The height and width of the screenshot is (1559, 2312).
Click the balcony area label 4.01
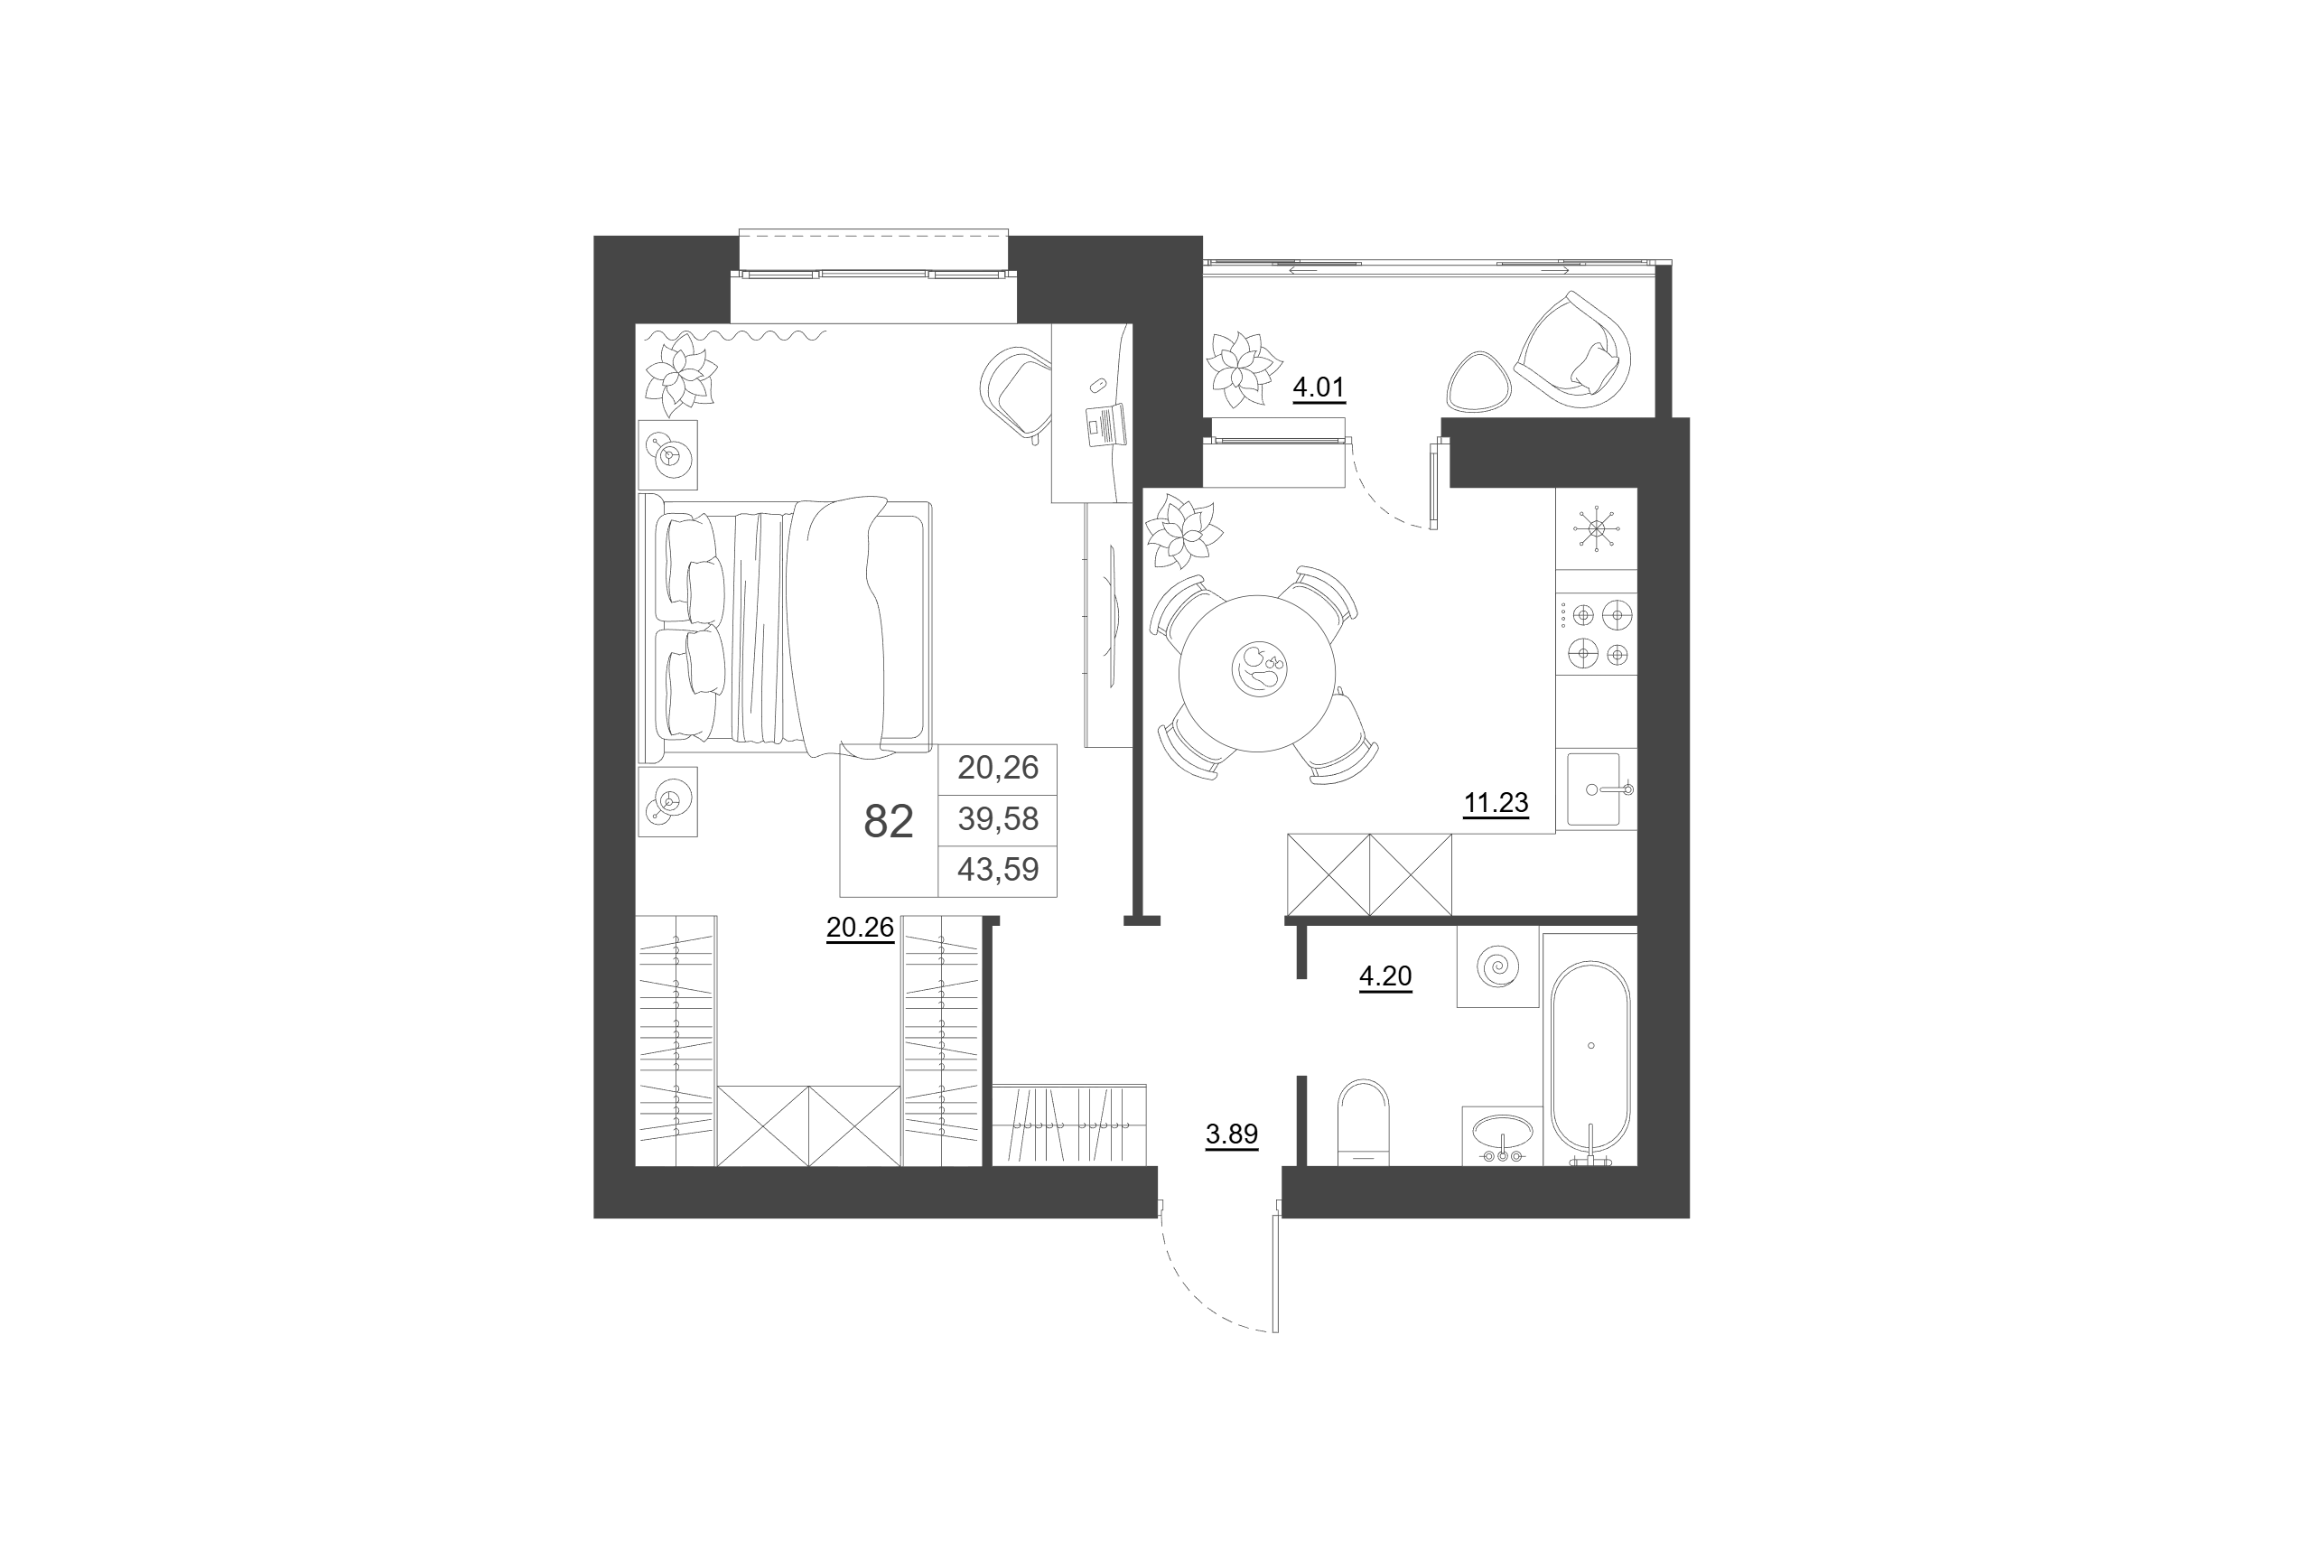click(x=1318, y=387)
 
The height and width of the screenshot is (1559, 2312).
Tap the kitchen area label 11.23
click(x=1495, y=802)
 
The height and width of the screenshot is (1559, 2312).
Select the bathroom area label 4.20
click(x=1384, y=976)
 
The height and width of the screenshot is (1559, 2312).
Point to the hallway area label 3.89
click(x=1232, y=1134)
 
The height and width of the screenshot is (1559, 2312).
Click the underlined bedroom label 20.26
click(x=860, y=928)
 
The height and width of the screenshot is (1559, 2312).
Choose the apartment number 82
click(x=889, y=821)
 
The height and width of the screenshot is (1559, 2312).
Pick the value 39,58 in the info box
click(x=998, y=818)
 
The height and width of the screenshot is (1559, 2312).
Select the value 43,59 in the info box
click(x=998, y=869)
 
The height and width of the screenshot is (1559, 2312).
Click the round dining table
click(x=1257, y=673)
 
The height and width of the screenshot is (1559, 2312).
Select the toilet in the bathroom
click(x=1363, y=1121)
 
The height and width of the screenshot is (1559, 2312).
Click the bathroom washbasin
click(x=1502, y=1135)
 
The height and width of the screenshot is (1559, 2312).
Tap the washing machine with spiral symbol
click(x=1498, y=966)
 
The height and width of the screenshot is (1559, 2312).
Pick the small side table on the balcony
click(x=1479, y=381)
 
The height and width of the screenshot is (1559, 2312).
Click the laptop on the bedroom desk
click(x=1106, y=425)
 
